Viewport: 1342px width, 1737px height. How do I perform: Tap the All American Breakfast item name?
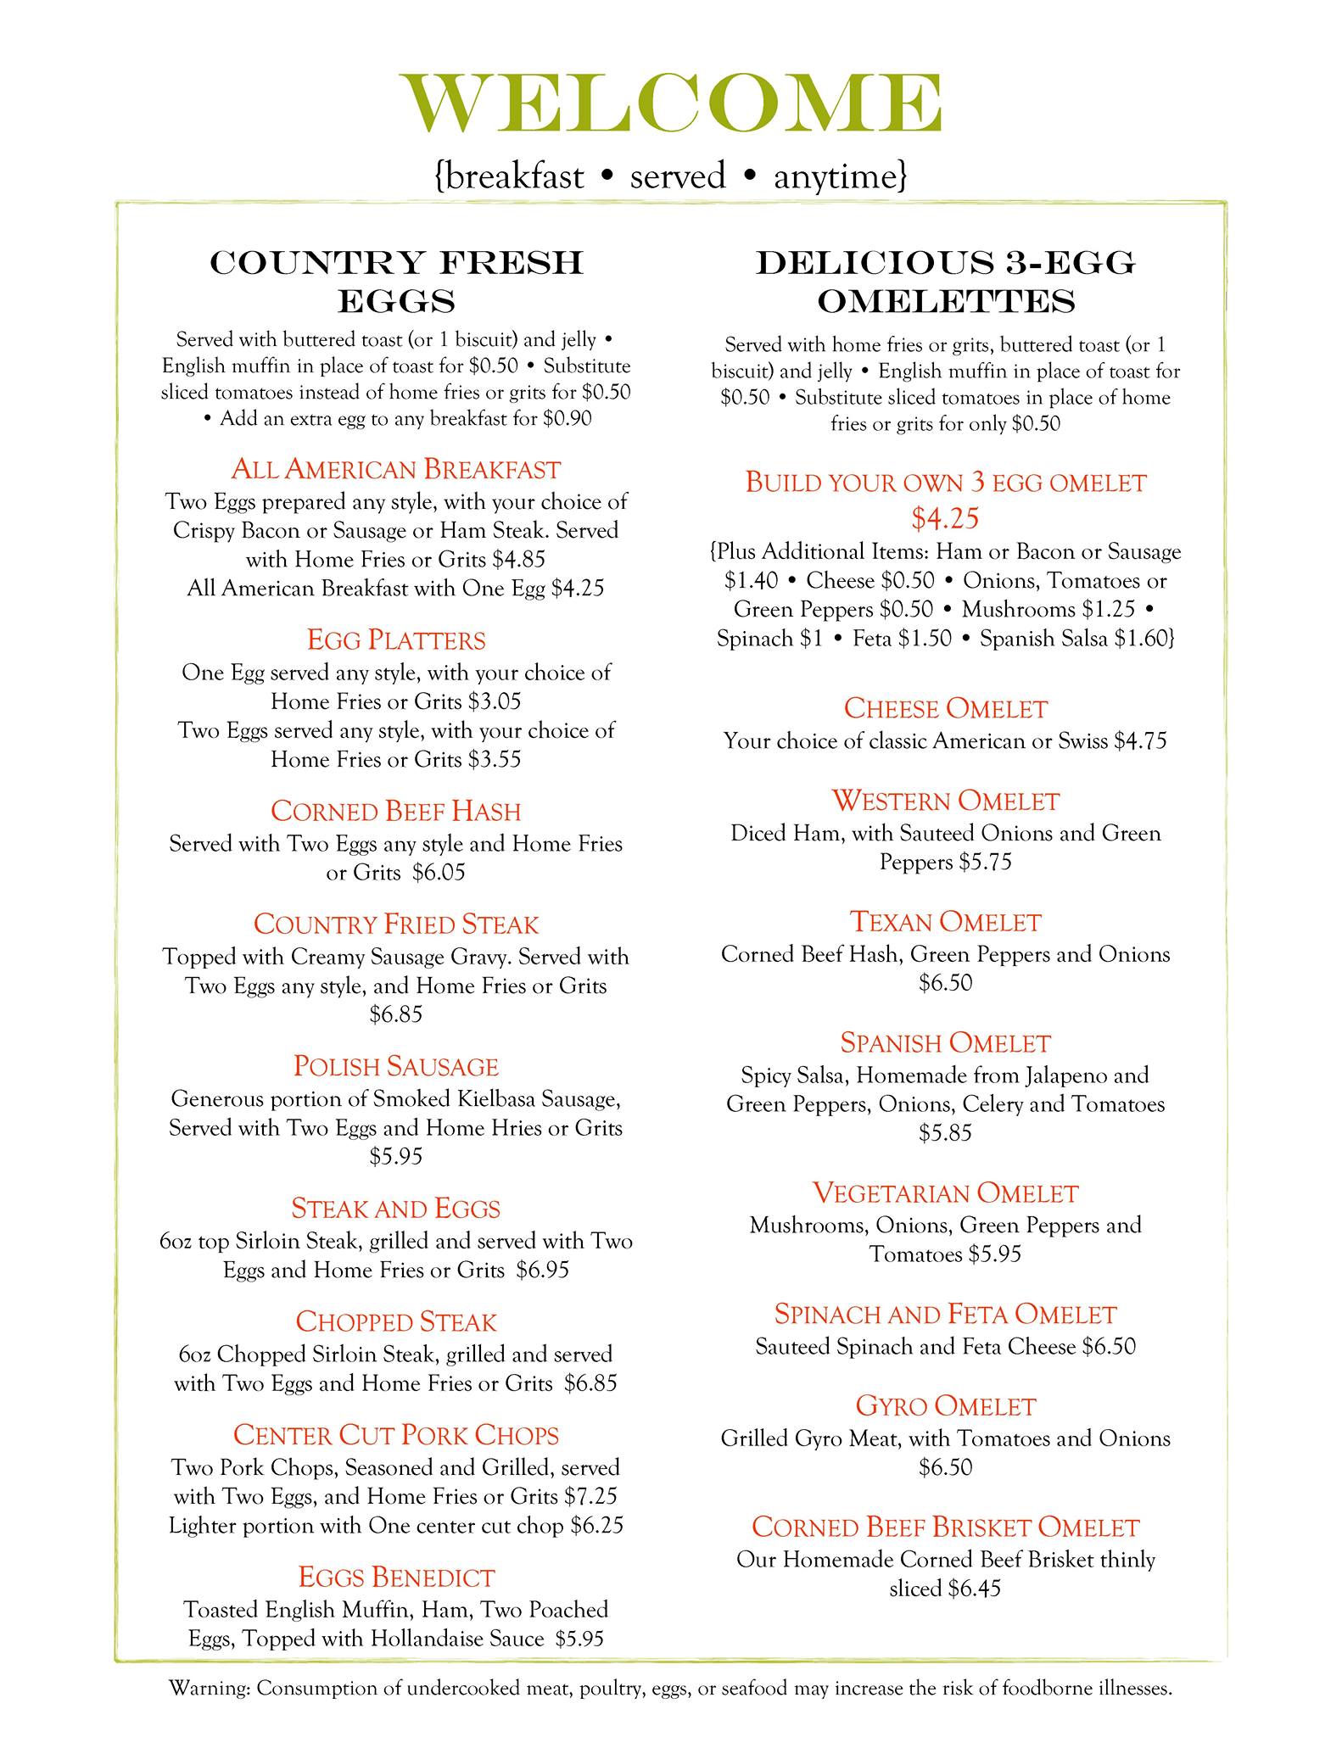396,469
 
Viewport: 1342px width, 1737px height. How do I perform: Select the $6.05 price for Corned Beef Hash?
439,873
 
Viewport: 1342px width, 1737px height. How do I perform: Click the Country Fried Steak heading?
396,924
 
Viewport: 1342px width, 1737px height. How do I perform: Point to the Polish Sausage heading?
396,1066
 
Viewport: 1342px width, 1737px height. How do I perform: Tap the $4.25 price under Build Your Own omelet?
945,517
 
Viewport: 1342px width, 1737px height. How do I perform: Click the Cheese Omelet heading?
945,708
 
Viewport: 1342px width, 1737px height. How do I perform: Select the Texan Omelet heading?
945,922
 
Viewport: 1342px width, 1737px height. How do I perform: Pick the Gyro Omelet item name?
945,1406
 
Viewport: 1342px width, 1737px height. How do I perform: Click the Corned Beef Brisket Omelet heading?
945,1528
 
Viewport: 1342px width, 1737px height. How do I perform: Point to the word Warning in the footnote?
209,1689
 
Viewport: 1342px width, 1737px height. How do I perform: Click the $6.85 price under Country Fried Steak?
396,1014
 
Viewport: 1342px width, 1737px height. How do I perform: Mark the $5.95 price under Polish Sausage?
396,1157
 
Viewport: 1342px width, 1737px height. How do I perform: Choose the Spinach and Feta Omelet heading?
945,1315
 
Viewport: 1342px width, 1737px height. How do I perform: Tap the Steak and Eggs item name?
396,1209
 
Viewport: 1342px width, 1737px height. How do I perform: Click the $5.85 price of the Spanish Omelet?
945,1133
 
